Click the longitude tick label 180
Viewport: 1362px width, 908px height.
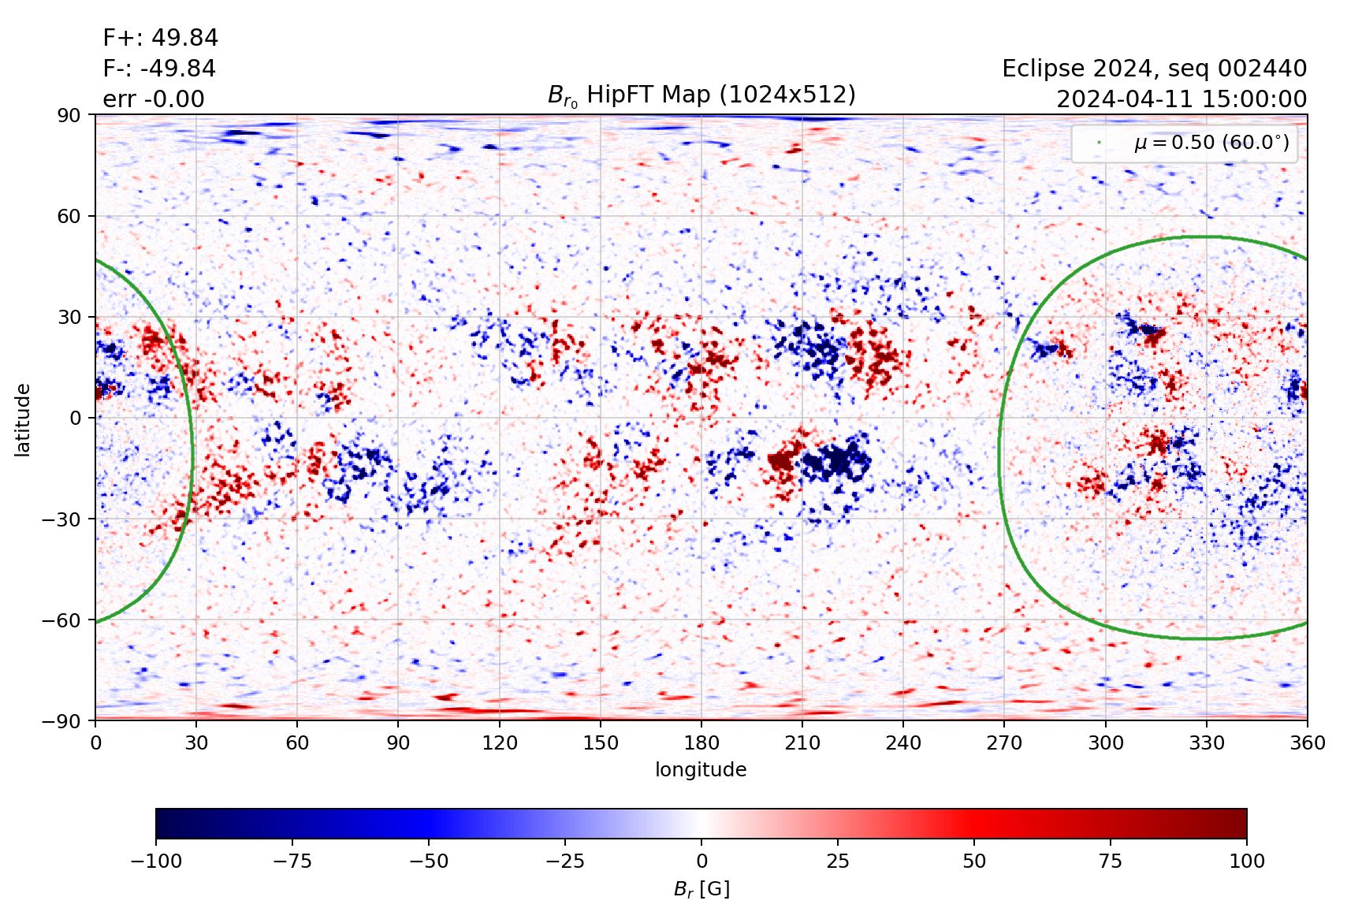[x=701, y=743]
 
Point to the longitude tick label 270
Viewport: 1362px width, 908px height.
[x=1004, y=743]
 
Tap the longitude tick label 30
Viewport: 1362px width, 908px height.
[x=196, y=743]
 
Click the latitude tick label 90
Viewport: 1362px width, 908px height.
[x=69, y=116]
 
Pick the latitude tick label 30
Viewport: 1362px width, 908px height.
[x=69, y=318]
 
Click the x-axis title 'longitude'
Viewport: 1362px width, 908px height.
[x=701, y=770]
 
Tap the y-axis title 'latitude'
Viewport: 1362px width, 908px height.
[x=23, y=419]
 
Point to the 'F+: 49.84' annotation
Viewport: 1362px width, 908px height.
[x=160, y=38]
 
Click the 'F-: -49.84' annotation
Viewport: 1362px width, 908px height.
[x=159, y=69]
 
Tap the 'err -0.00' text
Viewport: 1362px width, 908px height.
[x=154, y=99]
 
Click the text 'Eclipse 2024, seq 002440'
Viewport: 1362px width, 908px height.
[x=1154, y=69]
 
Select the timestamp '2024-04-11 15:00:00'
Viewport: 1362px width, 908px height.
[x=1182, y=99]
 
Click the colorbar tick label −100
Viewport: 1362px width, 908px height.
[x=156, y=861]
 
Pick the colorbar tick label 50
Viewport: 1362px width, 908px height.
[x=974, y=861]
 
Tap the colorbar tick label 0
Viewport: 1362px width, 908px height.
[x=701, y=861]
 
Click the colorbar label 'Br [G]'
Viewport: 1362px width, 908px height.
[x=701, y=889]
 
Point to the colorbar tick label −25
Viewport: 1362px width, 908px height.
[x=565, y=861]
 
